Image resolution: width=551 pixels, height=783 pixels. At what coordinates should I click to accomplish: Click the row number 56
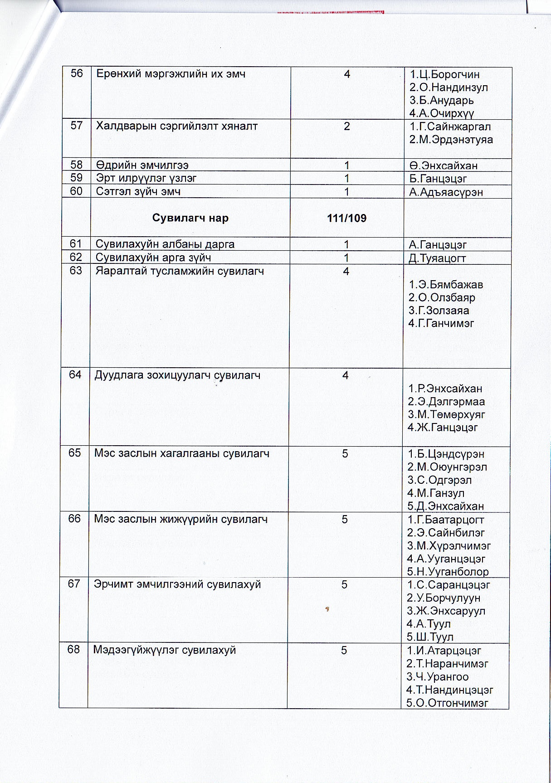tap(77, 73)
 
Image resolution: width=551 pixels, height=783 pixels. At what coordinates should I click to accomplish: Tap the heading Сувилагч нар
tap(190, 218)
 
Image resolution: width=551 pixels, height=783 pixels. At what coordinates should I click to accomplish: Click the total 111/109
tap(346, 218)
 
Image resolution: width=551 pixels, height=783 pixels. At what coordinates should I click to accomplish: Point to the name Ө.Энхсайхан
tap(443, 166)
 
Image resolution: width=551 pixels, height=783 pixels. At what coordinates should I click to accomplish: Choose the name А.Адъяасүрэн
tap(446, 192)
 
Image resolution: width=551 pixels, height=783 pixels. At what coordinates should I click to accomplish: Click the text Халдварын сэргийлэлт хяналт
tap(176, 126)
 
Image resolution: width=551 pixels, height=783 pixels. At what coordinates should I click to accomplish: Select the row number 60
tap(76, 191)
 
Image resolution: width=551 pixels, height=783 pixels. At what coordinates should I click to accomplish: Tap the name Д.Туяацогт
tap(437, 258)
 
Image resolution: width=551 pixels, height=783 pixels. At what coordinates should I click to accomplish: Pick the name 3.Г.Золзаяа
tap(439, 311)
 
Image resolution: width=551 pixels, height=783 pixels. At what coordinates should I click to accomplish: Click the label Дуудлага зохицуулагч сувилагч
tap(177, 375)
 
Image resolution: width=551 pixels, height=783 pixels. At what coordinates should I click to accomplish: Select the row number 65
tap(74, 453)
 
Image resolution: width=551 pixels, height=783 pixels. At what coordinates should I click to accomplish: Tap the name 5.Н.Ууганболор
tap(448, 572)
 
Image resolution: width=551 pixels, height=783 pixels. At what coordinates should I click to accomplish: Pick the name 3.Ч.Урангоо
tap(437, 677)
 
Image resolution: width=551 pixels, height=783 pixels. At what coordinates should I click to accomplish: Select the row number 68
tap(73, 650)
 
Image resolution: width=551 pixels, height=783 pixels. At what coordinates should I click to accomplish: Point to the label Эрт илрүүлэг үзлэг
tap(146, 178)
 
